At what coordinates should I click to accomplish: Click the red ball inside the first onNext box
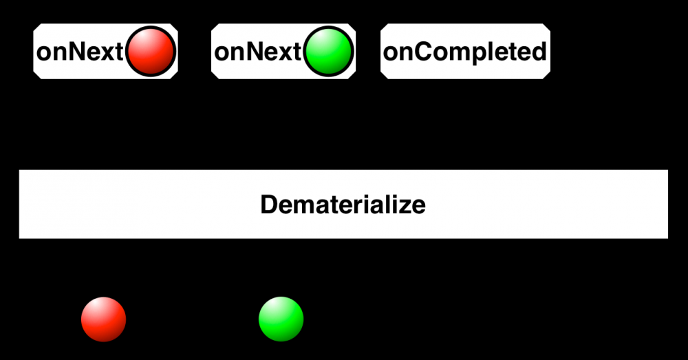(x=151, y=52)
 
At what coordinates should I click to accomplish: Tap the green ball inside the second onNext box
(x=328, y=52)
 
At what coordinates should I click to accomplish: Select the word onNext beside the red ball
(x=80, y=52)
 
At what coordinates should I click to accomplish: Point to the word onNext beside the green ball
(x=258, y=52)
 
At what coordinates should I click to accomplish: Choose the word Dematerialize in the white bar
(x=343, y=204)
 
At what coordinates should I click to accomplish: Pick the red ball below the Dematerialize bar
(x=104, y=319)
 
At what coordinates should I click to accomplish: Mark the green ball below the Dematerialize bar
(x=281, y=319)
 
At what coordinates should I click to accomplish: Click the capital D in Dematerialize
(x=270, y=204)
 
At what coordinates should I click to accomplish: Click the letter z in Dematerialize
(x=402, y=207)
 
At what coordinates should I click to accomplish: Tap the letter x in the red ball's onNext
(x=107, y=54)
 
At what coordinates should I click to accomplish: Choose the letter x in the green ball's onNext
(x=286, y=54)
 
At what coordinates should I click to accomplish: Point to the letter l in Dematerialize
(x=386, y=204)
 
